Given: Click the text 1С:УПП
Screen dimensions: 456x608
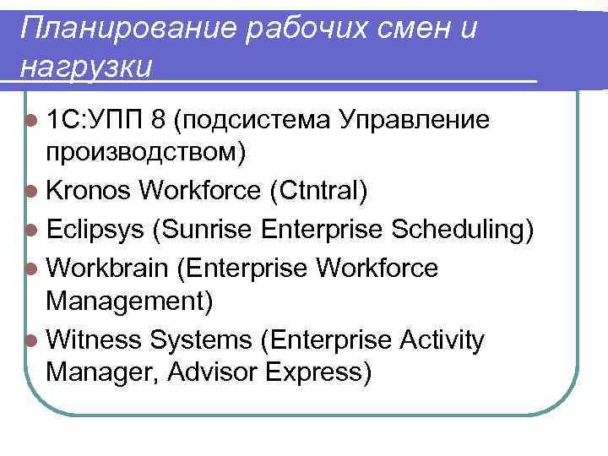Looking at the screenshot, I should (x=95, y=121).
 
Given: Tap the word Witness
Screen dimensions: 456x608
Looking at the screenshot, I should (x=95, y=339).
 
